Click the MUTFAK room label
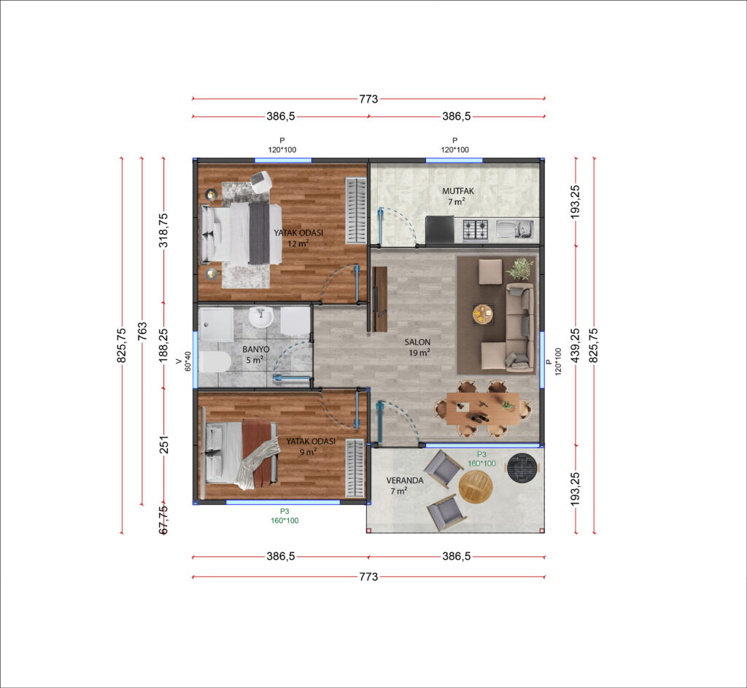(458, 191)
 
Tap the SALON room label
(417, 342)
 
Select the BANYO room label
(256, 349)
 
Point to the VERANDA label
(404, 480)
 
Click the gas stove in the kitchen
(476, 230)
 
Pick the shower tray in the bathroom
(216, 324)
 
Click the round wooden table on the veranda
(476, 487)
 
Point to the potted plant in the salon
(520, 268)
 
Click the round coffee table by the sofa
(483, 313)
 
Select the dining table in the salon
(483, 409)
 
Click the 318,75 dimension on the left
(163, 230)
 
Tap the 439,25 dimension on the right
(576, 345)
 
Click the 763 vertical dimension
(142, 331)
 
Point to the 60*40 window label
(187, 361)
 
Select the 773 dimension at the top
(368, 99)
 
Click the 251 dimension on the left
(163, 445)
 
